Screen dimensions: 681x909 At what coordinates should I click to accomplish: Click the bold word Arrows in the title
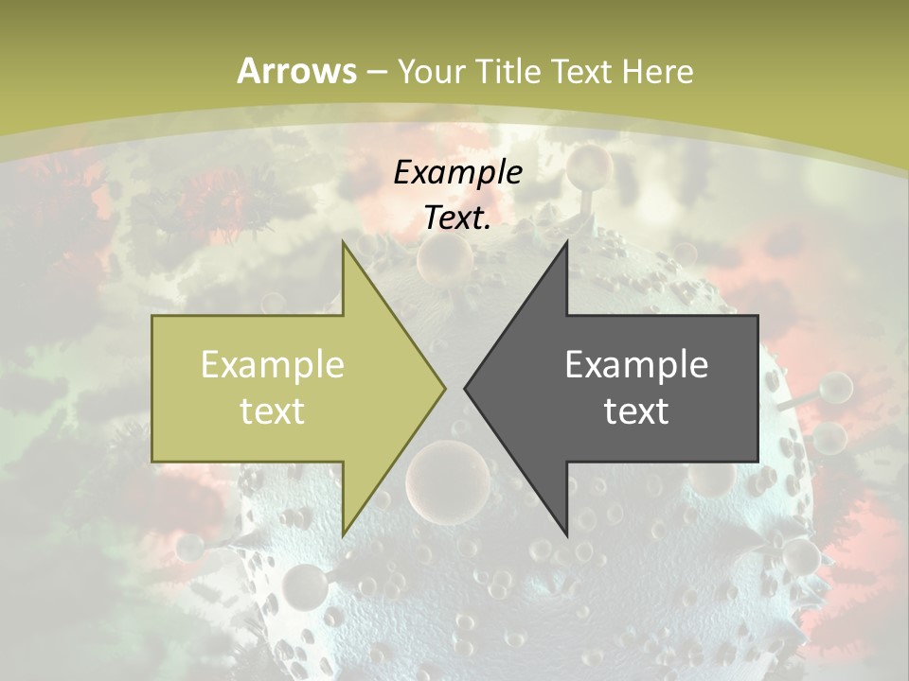[x=296, y=71]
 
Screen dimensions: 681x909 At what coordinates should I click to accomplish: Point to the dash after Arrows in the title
[x=377, y=72]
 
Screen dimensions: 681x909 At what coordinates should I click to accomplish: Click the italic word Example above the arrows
[x=457, y=172]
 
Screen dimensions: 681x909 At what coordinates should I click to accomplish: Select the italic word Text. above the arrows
[x=457, y=218]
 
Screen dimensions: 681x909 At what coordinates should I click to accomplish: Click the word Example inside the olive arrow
[x=273, y=364]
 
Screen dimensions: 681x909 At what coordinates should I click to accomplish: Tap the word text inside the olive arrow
[x=273, y=410]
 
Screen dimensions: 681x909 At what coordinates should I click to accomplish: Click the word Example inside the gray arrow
[x=636, y=364]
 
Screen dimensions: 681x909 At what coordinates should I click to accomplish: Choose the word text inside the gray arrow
[x=636, y=410]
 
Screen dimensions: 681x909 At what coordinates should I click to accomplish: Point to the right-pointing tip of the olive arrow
[x=445, y=388]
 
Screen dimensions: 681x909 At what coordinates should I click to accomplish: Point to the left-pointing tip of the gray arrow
[x=465, y=388]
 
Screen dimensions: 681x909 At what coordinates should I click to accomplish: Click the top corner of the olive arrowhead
[x=344, y=241]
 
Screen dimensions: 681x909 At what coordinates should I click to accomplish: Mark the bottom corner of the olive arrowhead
[x=344, y=535]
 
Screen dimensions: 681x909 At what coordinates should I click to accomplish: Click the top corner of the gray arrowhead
[x=566, y=241]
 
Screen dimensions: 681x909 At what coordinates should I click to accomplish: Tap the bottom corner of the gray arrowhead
[x=566, y=535]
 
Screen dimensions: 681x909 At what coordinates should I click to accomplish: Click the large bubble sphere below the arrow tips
[x=447, y=480]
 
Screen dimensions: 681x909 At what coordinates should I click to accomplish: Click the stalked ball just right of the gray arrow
[x=835, y=386]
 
